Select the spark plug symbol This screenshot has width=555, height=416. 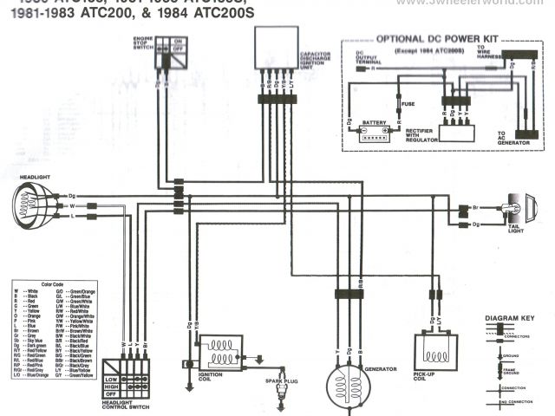click(280, 396)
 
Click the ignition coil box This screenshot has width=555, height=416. click(224, 353)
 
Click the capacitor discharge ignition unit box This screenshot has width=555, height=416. click(276, 48)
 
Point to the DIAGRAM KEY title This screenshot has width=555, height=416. click(510, 319)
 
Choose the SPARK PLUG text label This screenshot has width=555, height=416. click(281, 379)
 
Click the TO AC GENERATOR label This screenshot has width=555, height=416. click(511, 138)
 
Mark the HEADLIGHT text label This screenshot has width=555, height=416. click(32, 178)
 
